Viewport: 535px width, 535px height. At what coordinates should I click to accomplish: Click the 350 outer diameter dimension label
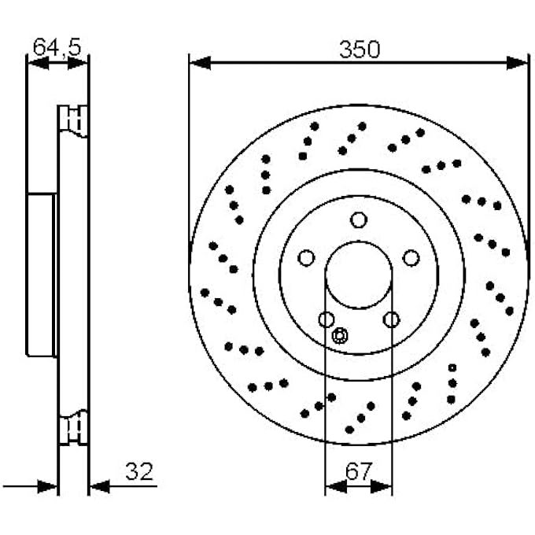coord(359,50)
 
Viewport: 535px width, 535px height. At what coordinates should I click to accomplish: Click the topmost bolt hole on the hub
coord(359,220)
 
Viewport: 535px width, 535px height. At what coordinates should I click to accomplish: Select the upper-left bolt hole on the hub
coord(306,258)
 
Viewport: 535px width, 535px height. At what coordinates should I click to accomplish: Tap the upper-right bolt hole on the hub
coord(411,258)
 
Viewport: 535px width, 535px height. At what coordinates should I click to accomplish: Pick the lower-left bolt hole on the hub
coord(327,319)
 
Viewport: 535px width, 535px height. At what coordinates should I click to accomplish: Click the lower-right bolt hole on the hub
coord(391,319)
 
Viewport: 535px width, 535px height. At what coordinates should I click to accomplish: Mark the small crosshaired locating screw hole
coord(340,336)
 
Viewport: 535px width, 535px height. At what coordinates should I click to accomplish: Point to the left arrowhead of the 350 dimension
coord(199,62)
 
